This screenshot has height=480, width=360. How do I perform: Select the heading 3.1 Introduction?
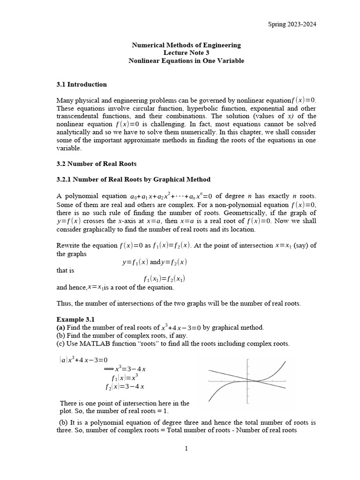pyautogui.click(x=82, y=84)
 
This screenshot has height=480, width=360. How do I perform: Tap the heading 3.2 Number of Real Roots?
pyautogui.click(x=96, y=164)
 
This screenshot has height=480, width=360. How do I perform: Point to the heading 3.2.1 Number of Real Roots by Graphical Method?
pyautogui.click(x=133, y=179)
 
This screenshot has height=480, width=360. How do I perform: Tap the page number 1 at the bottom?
pyautogui.click(x=186, y=449)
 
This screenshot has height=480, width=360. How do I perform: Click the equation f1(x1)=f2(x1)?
pyautogui.click(x=164, y=278)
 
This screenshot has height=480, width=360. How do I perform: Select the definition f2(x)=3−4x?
pyautogui.click(x=125, y=386)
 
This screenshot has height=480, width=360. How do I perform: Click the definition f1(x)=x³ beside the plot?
pyautogui.click(x=125, y=377)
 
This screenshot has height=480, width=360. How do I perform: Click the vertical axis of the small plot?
pyautogui.click(x=247, y=381)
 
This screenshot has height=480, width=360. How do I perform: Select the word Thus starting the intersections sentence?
pyautogui.click(x=63, y=303)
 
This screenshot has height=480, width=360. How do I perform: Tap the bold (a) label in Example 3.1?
pyautogui.click(x=61, y=327)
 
